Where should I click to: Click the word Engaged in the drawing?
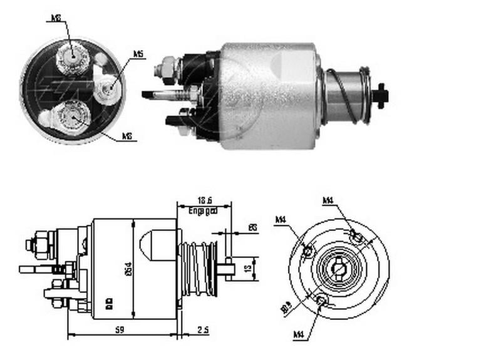[203, 212]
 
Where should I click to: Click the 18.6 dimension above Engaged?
[202, 201]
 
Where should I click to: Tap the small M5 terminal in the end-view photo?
[107, 85]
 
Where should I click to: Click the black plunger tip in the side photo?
[380, 96]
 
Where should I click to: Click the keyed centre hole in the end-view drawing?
[339, 269]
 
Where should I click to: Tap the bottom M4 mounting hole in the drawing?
[322, 301]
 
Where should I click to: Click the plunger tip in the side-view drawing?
[228, 269]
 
